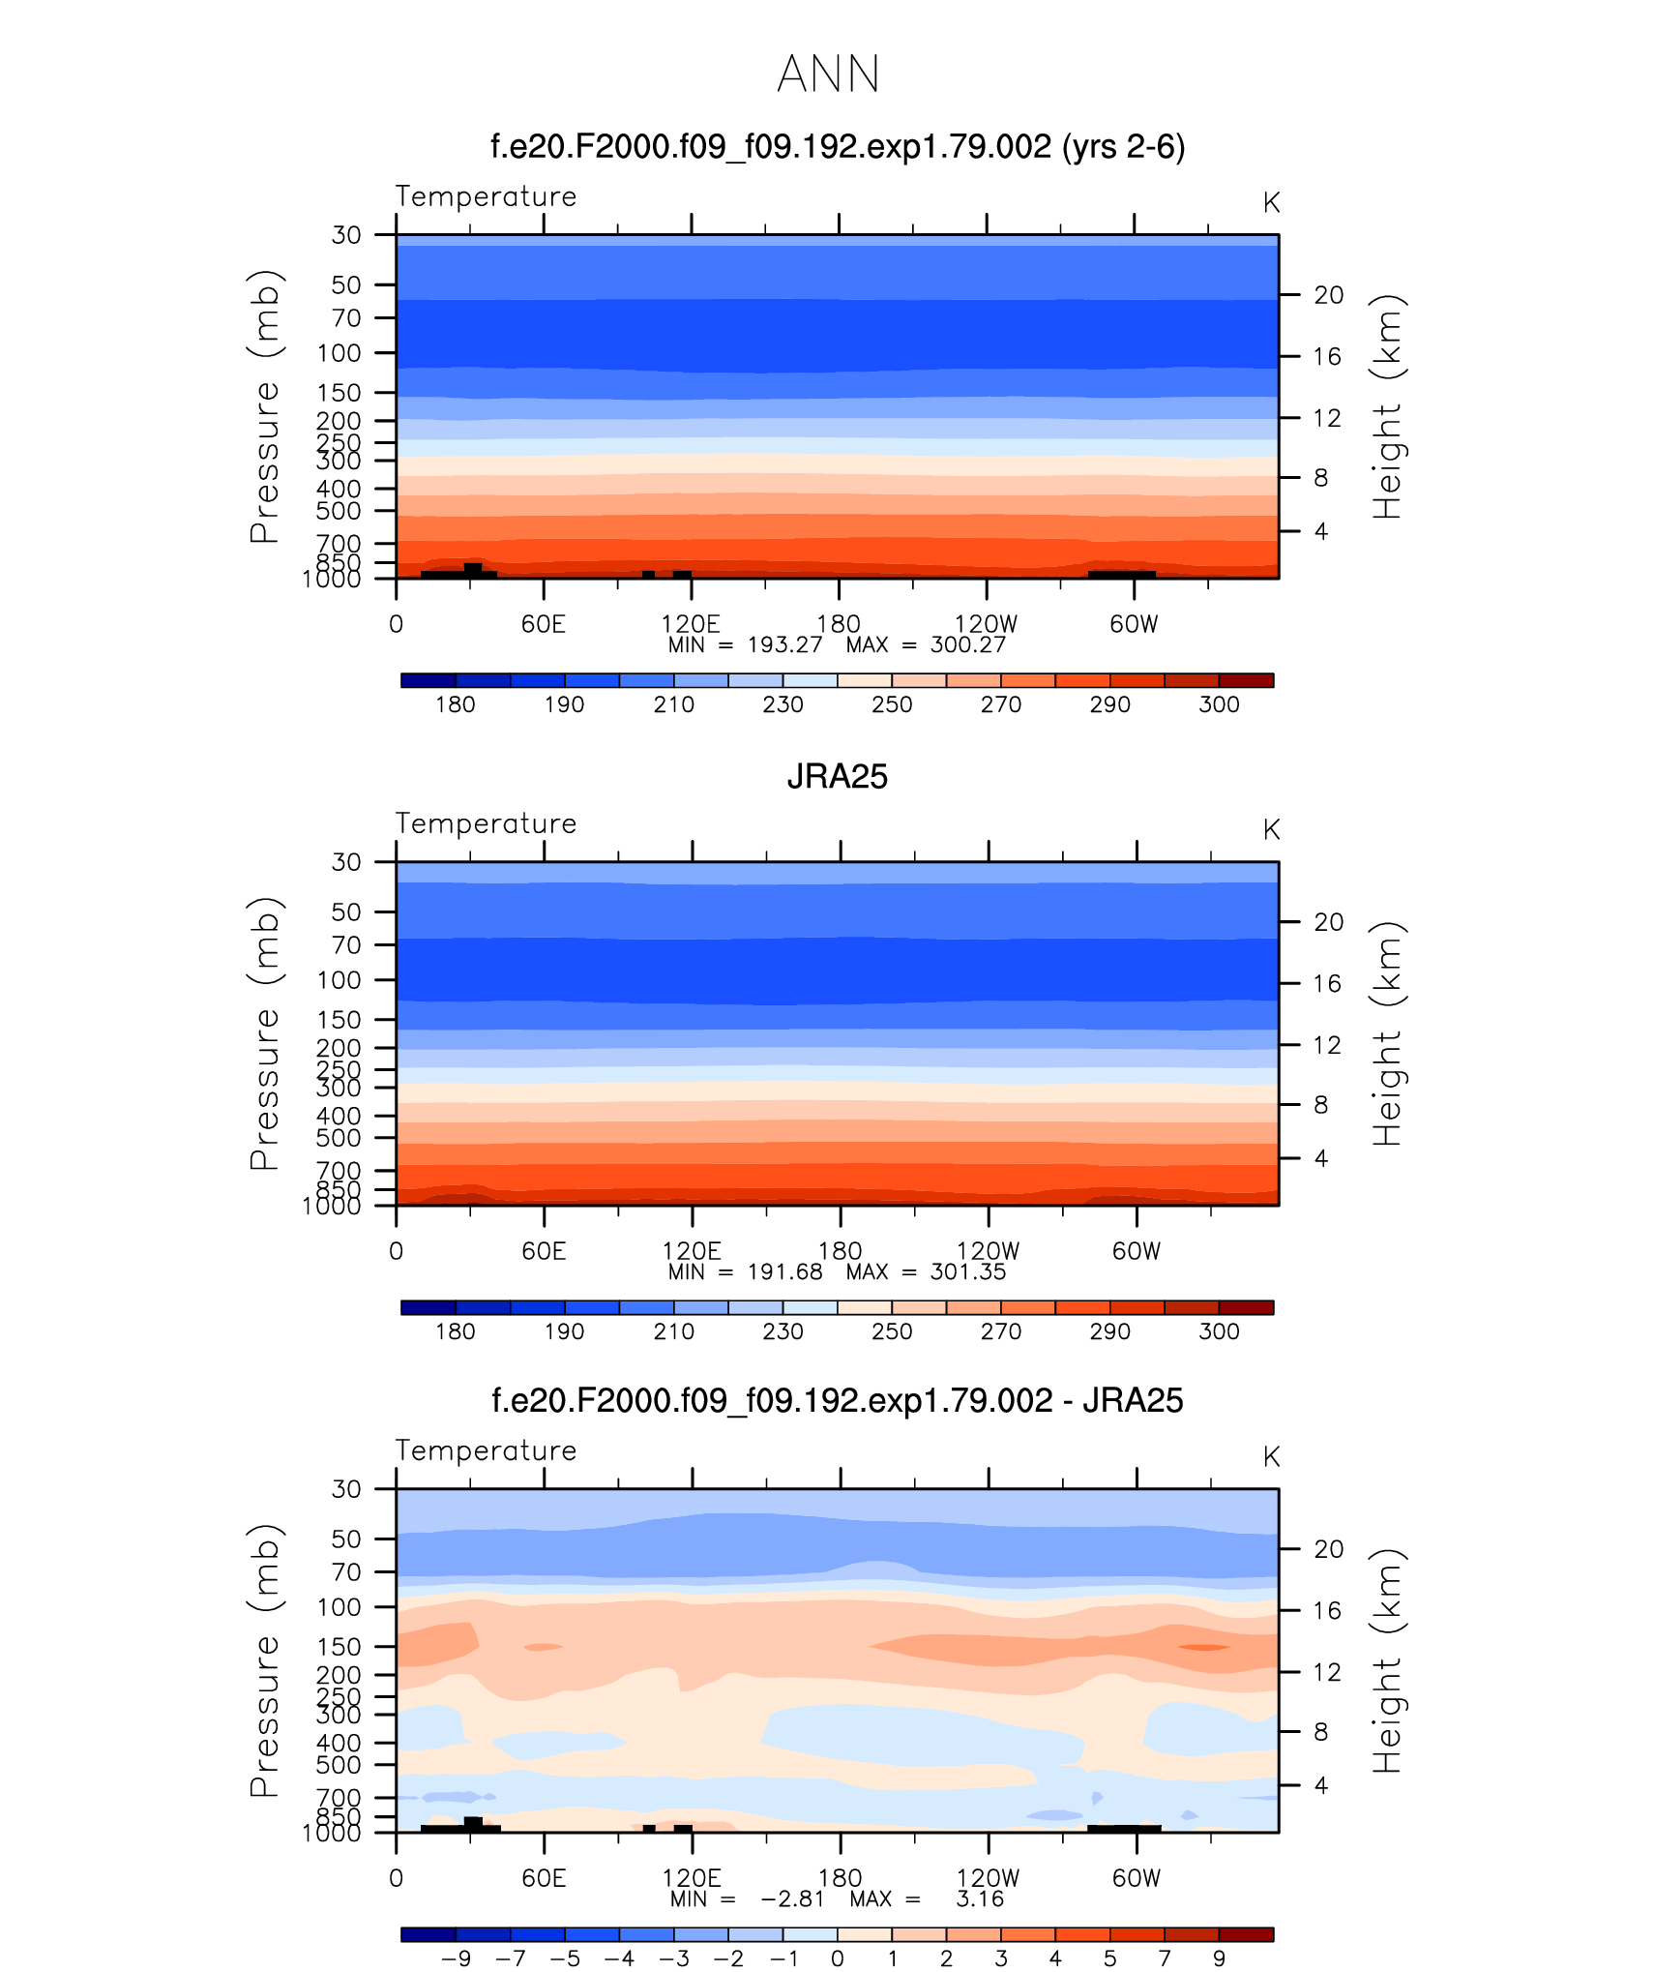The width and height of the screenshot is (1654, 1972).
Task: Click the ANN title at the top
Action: [x=828, y=75]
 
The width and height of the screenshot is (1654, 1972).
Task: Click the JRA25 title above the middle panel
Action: [x=837, y=777]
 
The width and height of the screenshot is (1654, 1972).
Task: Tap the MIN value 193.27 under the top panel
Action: [x=784, y=645]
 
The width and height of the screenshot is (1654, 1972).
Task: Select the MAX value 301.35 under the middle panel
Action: [x=967, y=1272]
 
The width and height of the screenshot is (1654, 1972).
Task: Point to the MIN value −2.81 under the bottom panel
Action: [x=792, y=1899]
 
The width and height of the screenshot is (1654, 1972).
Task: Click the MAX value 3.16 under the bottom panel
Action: [x=980, y=1899]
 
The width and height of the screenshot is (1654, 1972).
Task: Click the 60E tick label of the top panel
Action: [x=543, y=624]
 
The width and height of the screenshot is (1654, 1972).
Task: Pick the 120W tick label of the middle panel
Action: [x=988, y=1251]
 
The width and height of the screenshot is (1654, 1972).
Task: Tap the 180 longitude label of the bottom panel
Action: [x=840, y=1878]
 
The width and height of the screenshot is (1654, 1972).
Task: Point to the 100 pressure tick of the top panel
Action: [x=339, y=353]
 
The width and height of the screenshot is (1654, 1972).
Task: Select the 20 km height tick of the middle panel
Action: [x=1328, y=922]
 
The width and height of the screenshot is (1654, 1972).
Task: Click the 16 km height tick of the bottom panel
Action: [x=1327, y=1611]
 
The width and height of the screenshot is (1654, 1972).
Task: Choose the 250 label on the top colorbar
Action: [x=891, y=704]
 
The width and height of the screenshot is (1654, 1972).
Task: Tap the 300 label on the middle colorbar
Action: [x=1219, y=1331]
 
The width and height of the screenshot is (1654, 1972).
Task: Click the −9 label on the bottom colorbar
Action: [x=456, y=1958]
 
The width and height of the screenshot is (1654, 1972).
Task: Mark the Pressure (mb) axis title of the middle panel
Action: [x=264, y=1033]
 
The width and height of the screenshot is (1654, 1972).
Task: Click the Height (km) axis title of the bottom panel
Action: [x=1387, y=1660]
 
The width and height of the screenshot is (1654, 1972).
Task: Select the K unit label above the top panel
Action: [x=1271, y=203]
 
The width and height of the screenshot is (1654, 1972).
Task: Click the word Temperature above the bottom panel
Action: [x=486, y=1450]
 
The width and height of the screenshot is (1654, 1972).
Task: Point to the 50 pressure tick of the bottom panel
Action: [x=346, y=1539]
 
